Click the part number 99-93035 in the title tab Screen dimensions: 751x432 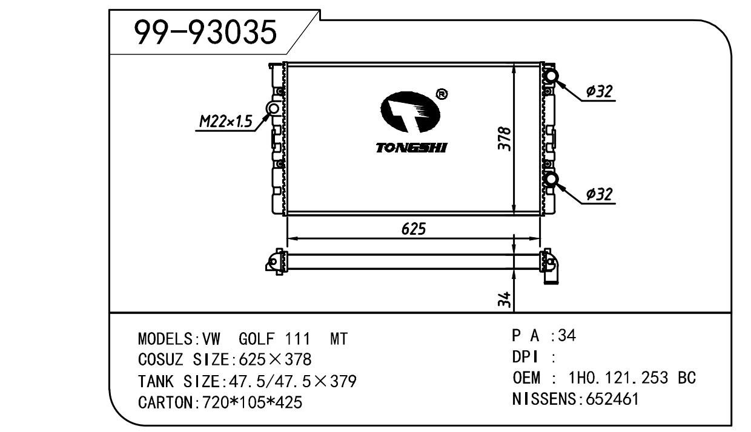click(x=205, y=32)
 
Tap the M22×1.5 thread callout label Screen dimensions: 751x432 click(x=226, y=121)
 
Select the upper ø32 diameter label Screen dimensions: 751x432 click(x=600, y=91)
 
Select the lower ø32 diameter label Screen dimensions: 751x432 click(x=600, y=194)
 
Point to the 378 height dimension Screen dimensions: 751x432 click(x=505, y=139)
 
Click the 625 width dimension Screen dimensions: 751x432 click(x=414, y=229)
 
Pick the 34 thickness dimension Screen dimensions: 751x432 click(x=505, y=299)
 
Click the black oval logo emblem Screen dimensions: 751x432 click(x=410, y=112)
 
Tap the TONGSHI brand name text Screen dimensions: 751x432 click(x=411, y=148)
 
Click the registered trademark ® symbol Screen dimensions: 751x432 click(x=442, y=94)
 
